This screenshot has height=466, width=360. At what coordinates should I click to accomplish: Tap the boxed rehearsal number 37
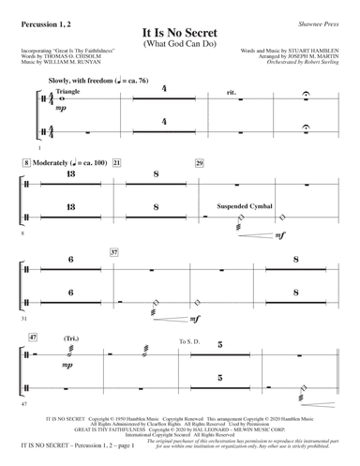[x=114, y=253]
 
